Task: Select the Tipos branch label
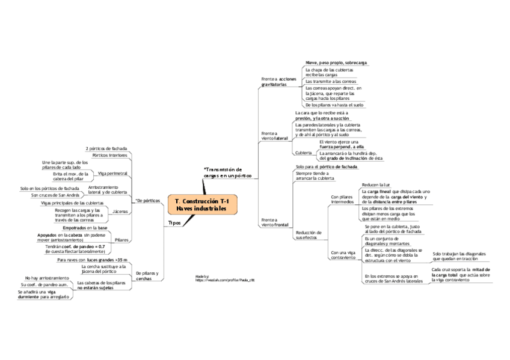(174, 223)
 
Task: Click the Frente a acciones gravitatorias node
(278, 82)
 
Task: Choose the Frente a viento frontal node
(276, 223)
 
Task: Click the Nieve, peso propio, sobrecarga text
(336, 63)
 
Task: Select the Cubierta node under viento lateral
(304, 153)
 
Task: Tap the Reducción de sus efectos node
(309, 234)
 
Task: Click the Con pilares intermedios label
(342, 199)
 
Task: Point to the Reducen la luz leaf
(376, 184)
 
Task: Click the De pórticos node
(148, 200)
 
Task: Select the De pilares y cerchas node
(147, 276)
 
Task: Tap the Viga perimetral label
(112, 173)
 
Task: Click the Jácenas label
(120, 212)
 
